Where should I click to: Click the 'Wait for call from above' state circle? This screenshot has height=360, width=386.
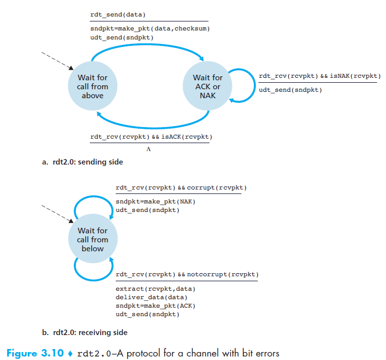pyautogui.click(x=92, y=87)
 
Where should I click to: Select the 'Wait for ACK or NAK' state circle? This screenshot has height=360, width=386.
pyautogui.click(x=207, y=87)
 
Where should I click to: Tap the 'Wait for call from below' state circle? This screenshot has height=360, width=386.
pyautogui.click(x=92, y=240)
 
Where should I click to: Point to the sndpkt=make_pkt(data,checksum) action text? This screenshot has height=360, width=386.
pyautogui.click(x=150, y=29)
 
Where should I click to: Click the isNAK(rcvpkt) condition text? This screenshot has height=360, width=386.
pyautogui.click(x=355, y=76)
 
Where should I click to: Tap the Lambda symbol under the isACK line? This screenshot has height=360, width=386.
pyautogui.click(x=148, y=149)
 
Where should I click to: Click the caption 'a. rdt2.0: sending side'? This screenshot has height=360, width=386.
pyautogui.click(x=82, y=162)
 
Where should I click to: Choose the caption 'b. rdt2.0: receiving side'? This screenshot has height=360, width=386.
pyautogui.click(x=85, y=333)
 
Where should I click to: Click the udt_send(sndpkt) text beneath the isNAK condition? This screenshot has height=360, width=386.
pyautogui.click(x=290, y=90)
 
